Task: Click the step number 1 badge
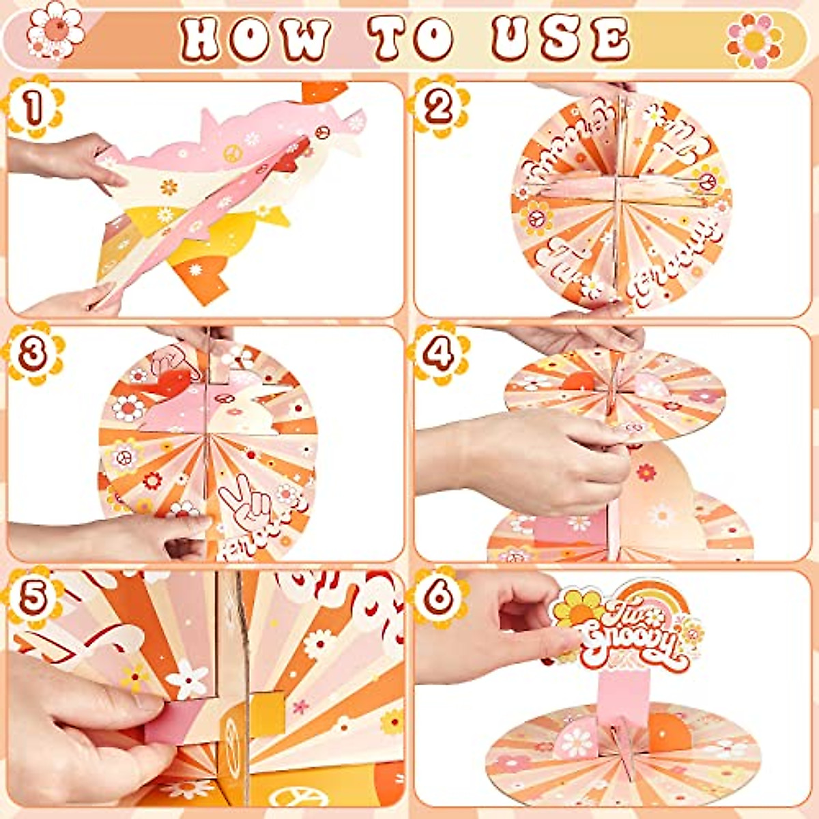pyautogui.click(x=33, y=106)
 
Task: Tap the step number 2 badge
pyautogui.click(x=439, y=106)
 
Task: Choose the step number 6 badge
pyautogui.click(x=439, y=597)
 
